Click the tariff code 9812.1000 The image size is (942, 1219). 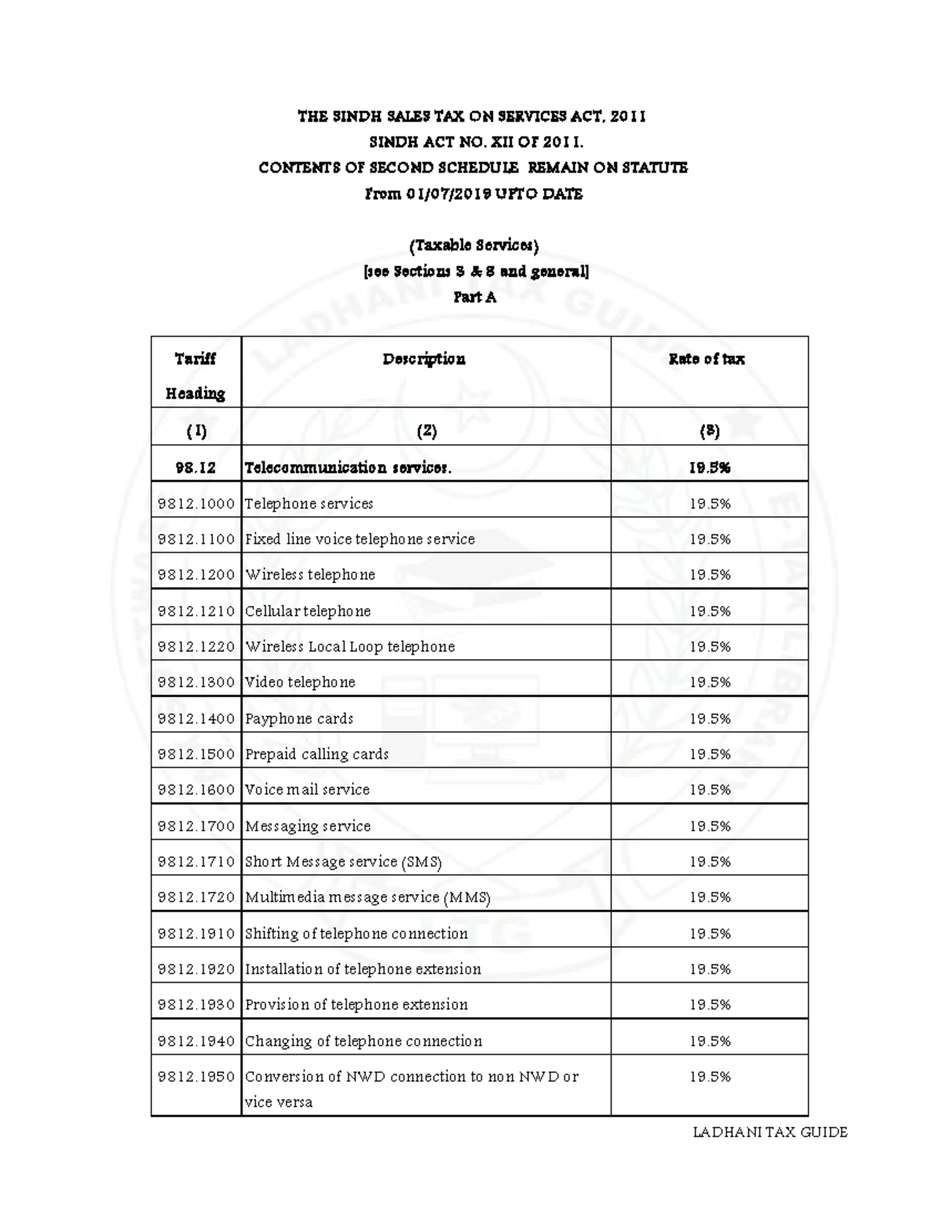pos(196,504)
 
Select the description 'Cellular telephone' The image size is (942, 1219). pos(308,611)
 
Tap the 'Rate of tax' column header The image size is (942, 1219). pos(706,359)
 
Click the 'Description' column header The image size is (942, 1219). pos(424,359)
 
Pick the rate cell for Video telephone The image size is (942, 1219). pos(710,683)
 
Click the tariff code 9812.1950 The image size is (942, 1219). pos(196,1077)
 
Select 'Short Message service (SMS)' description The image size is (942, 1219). pos(343,862)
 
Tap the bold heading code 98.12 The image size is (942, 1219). pos(195,468)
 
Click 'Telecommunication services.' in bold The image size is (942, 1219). pos(348,468)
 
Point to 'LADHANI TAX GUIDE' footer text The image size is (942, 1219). pos(769,1132)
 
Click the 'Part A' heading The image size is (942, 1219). pos(474,297)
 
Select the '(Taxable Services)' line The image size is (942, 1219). pos(474,246)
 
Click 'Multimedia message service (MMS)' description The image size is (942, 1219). pos(367,897)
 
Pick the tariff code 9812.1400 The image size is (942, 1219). pos(196,719)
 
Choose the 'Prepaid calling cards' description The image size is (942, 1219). pos(317,754)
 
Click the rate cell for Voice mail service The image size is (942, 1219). pos(710,790)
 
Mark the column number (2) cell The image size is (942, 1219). pos(425,431)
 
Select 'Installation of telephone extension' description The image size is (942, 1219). pos(363,969)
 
